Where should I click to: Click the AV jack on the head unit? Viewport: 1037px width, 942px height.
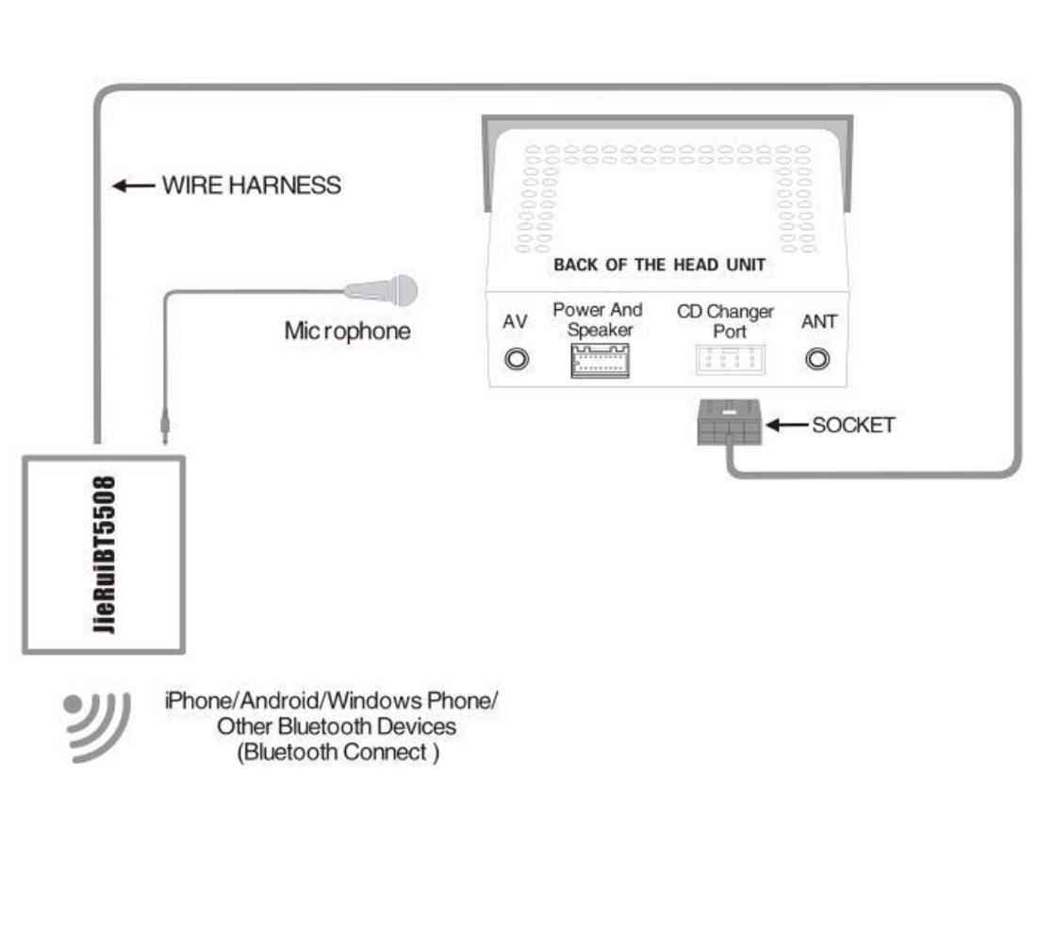(516, 359)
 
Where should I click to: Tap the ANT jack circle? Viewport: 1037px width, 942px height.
(818, 359)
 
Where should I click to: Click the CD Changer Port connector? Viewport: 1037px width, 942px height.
(731, 360)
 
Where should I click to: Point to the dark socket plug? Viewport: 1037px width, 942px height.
(729, 423)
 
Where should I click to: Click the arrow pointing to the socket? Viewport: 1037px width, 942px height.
(784, 425)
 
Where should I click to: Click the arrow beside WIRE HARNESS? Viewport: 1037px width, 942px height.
(133, 186)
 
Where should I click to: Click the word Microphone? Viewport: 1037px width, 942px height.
(347, 332)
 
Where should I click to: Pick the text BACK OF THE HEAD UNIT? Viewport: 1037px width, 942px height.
(659, 265)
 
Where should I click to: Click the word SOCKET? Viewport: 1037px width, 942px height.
(853, 425)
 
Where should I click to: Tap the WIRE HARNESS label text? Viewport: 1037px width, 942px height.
(252, 186)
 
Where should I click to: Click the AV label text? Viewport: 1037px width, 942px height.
(515, 322)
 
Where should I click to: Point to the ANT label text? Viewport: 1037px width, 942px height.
(818, 322)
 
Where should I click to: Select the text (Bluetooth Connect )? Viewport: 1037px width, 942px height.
(337, 754)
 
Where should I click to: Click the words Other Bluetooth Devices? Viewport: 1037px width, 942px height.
(337, 727)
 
